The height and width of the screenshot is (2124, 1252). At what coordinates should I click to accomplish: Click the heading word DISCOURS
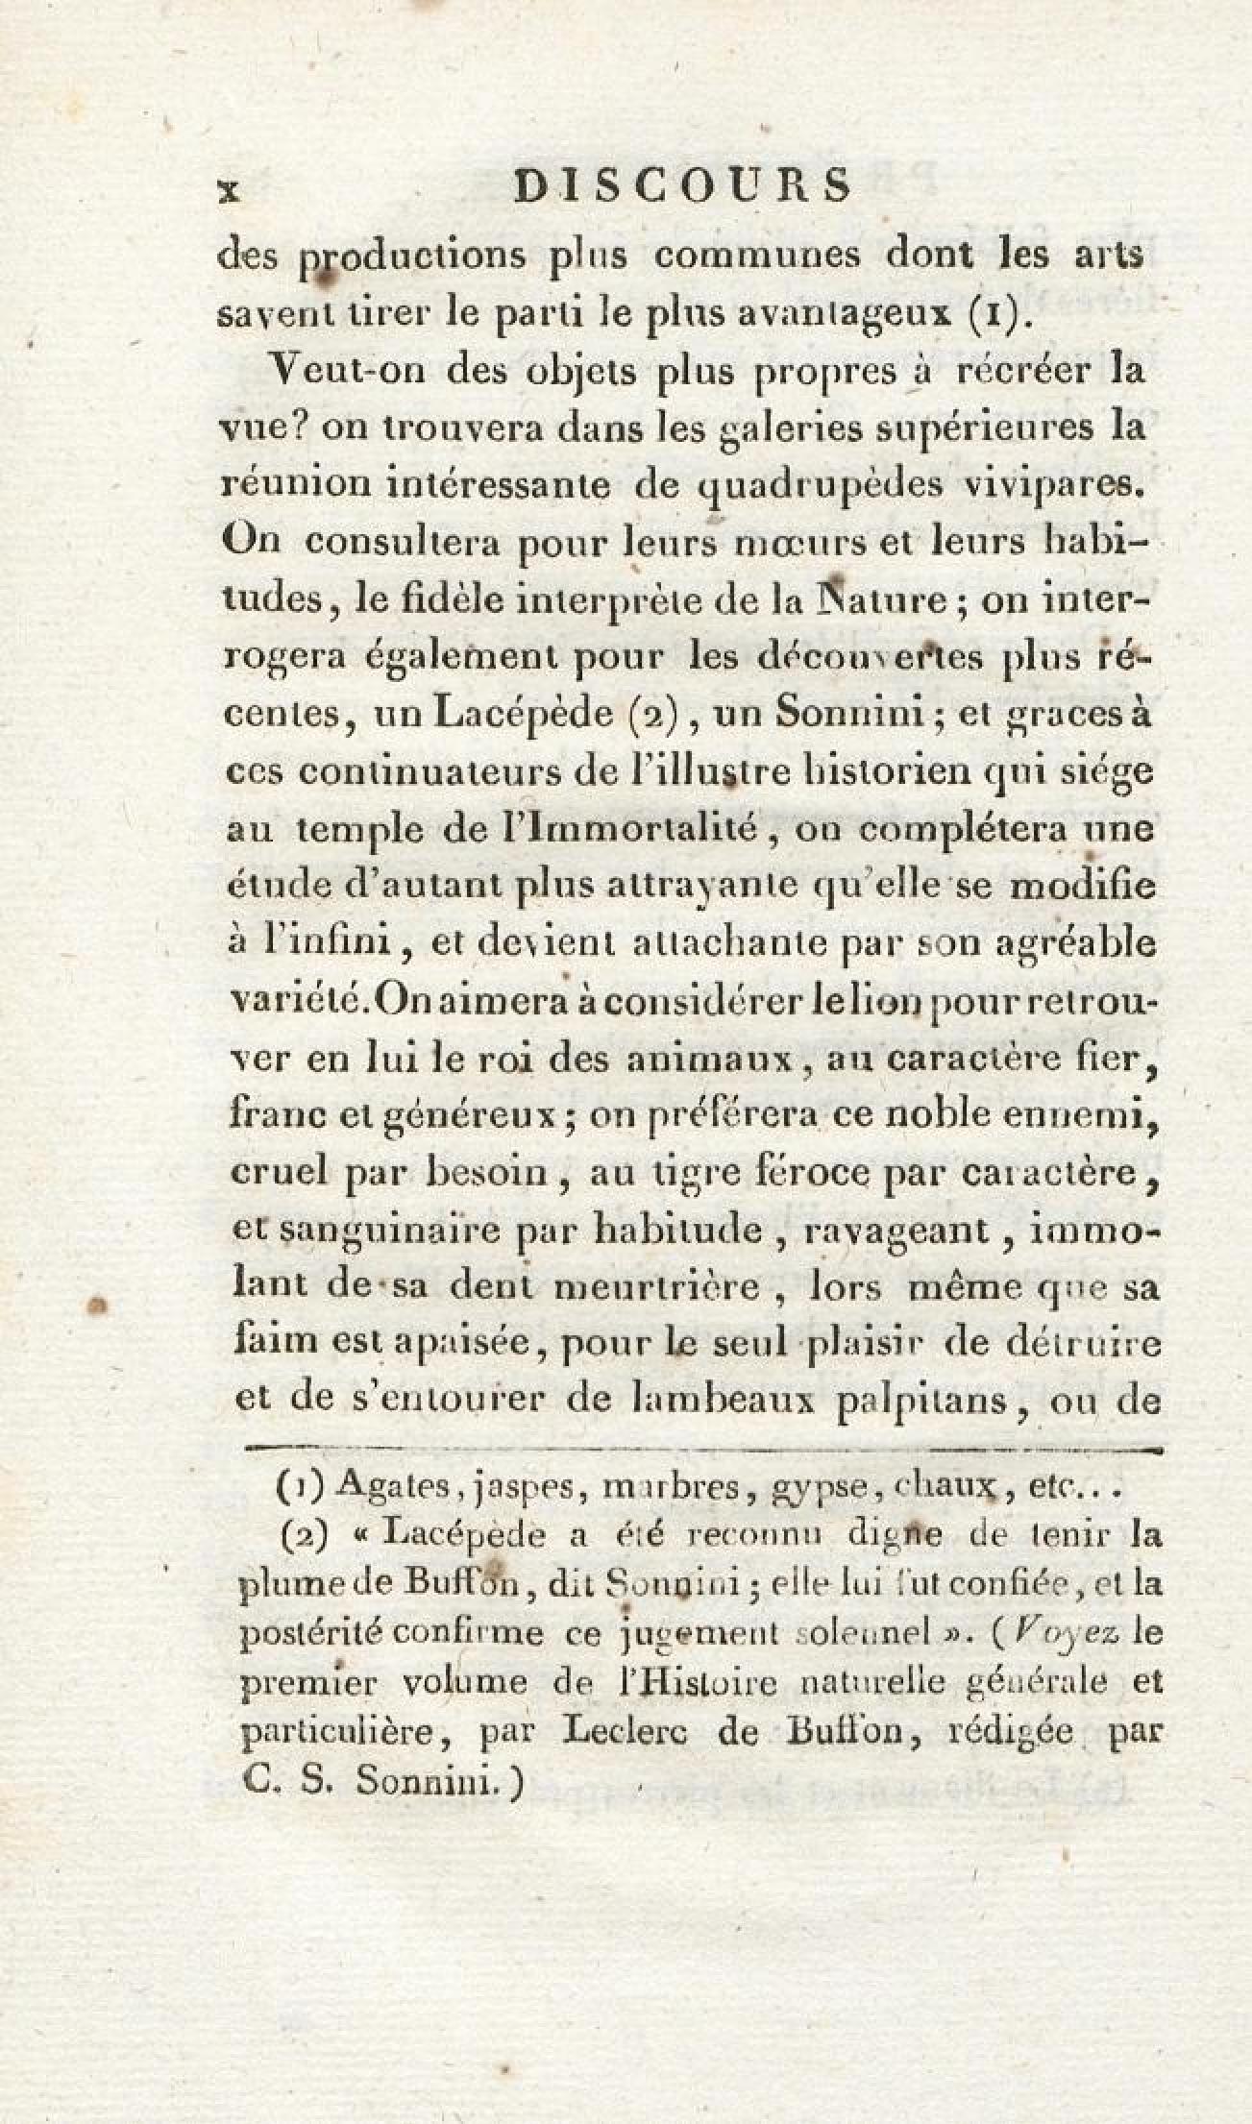pyautogui.click(x=683, y=186)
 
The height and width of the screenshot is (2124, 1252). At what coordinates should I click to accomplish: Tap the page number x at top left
pyautogui.click(x=229, y=189)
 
